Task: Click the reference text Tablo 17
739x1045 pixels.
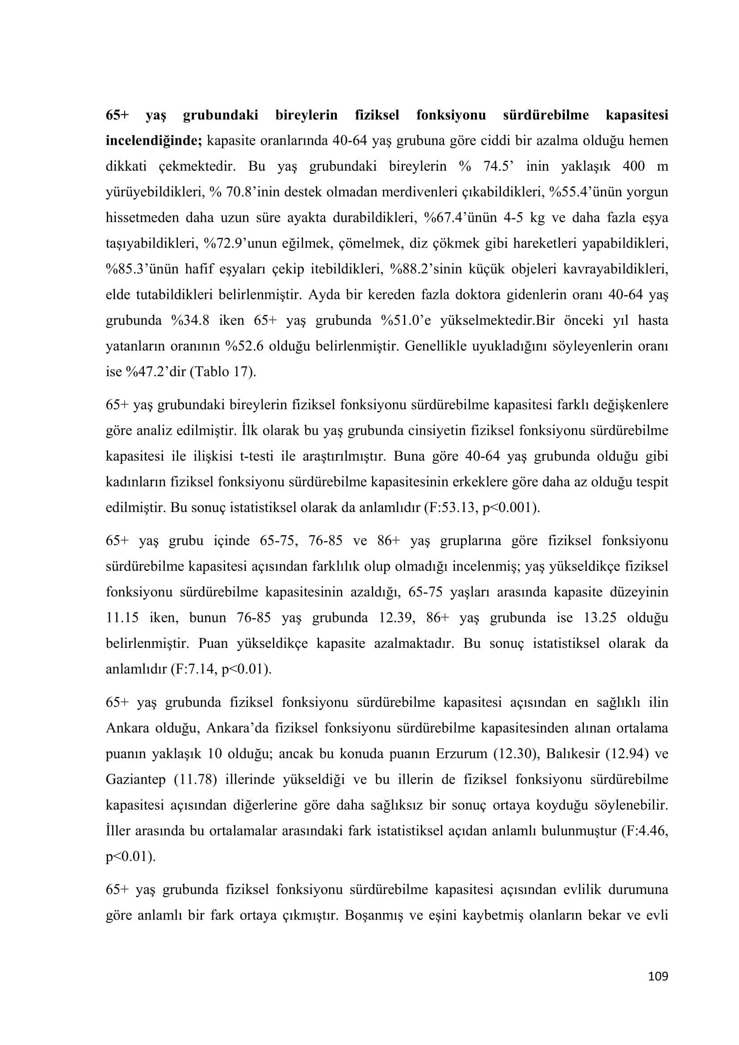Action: pyautogui.click(x=223, y=372)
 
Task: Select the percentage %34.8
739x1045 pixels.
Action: pyautogui.click(x=190, y=320)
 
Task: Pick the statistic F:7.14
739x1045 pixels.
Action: pyautogui.click(x=193, y=669)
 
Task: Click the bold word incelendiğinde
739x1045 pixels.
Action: pyautogui.click(x=153, y=141)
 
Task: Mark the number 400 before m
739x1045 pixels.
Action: pyautogui.click(x=634, y=166)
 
